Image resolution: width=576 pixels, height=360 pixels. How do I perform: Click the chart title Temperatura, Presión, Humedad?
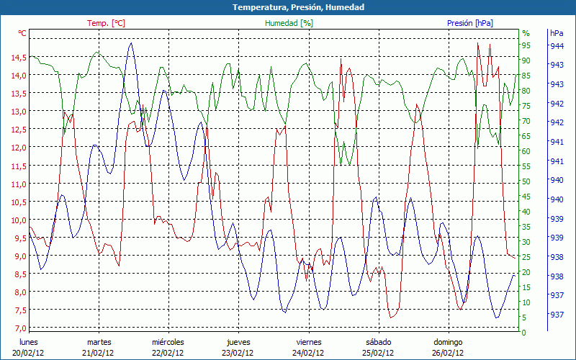(x=288, y=7)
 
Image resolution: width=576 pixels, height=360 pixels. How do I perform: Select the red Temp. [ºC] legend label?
(x=106, y=23)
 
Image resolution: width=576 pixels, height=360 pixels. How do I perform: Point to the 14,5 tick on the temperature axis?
(x=19, y=57)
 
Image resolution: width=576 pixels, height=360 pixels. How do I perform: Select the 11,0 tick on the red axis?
(x=19, y=184)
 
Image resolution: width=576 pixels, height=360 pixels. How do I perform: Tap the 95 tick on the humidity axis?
(x=526, y=45)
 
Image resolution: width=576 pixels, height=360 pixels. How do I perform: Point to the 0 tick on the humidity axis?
(x=523, y=333)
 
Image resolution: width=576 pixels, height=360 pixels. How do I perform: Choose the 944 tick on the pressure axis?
(x=557, y=45)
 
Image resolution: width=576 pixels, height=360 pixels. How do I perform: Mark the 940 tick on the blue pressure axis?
(x=557, y=199)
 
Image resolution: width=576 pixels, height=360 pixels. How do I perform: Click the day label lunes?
(x=29, y=342)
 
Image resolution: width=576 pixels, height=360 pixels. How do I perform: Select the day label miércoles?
(x=168, y=342)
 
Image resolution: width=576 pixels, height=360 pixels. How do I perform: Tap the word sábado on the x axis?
(x=378, y=342)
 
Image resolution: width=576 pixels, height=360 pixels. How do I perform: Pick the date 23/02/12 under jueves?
(x=238, y=353)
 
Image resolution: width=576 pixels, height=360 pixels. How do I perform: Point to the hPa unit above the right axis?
(x=557, y=33)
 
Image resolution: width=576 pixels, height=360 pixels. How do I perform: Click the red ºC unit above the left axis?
(x=22, y=33)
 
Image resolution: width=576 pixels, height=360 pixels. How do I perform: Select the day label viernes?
(x=309, y=342)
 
